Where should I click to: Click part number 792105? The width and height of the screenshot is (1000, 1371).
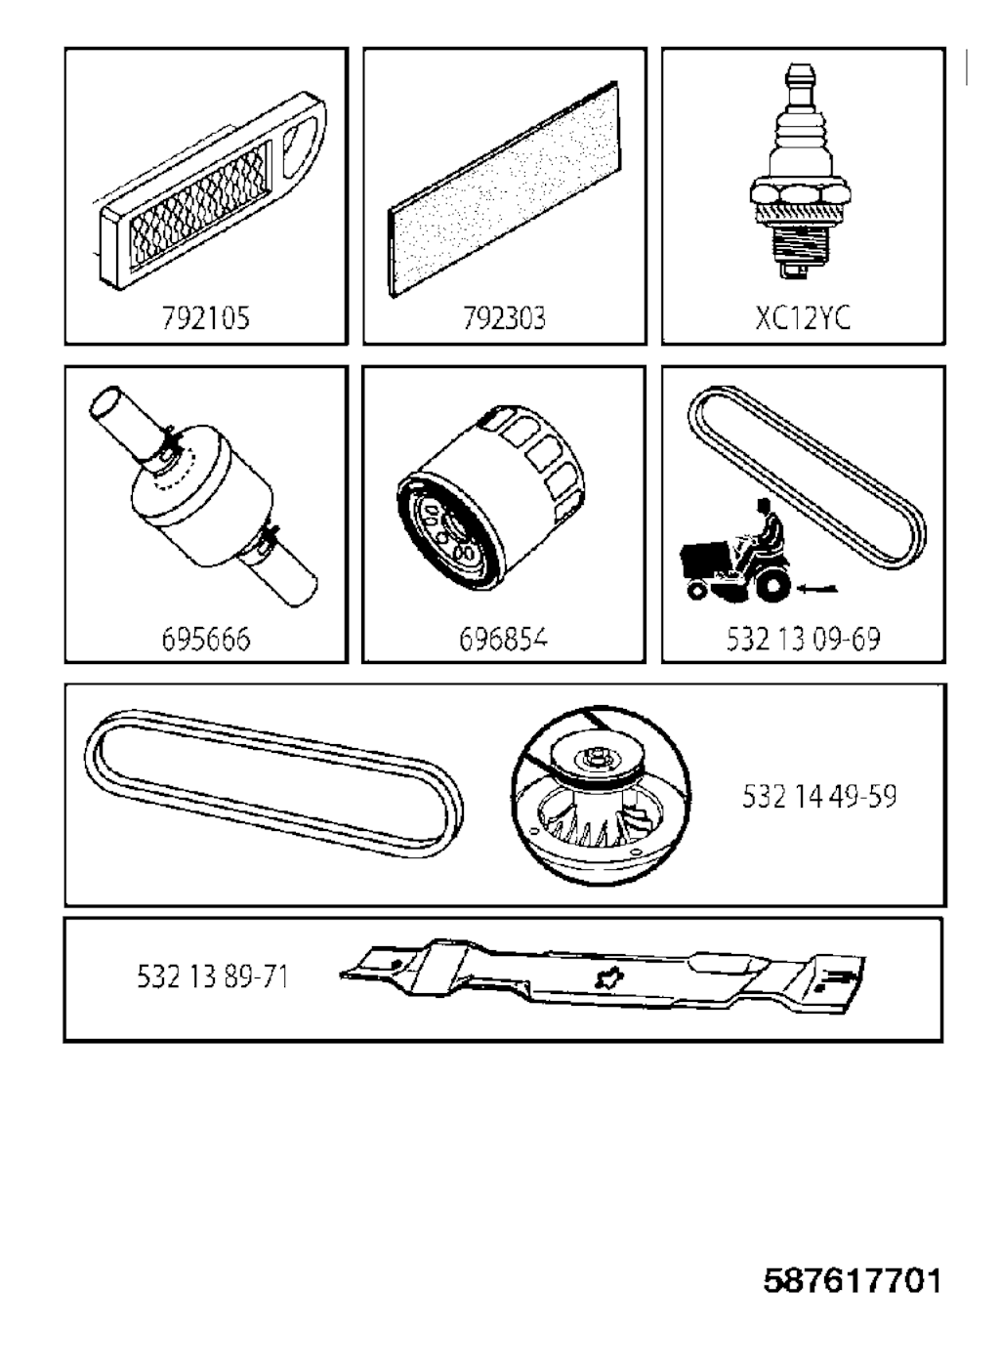click(206, 318)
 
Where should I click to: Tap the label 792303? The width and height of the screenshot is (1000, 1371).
click(504, 318)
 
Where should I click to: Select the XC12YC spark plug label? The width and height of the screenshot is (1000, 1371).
click(803, 318)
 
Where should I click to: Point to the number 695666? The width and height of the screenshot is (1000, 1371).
click(206, 640)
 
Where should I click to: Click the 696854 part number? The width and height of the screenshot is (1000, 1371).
click(503, 640)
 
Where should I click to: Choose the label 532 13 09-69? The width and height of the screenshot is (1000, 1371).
click(803, 640)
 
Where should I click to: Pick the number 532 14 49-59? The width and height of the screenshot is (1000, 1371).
click(819, 796)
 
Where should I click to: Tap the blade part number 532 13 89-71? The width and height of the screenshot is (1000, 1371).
click(212, 976)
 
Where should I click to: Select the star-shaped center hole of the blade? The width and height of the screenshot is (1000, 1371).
click(609, 979)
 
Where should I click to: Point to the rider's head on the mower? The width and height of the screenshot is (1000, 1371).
click(763, 505)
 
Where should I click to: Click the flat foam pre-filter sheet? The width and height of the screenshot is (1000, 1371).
click(504, 189)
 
